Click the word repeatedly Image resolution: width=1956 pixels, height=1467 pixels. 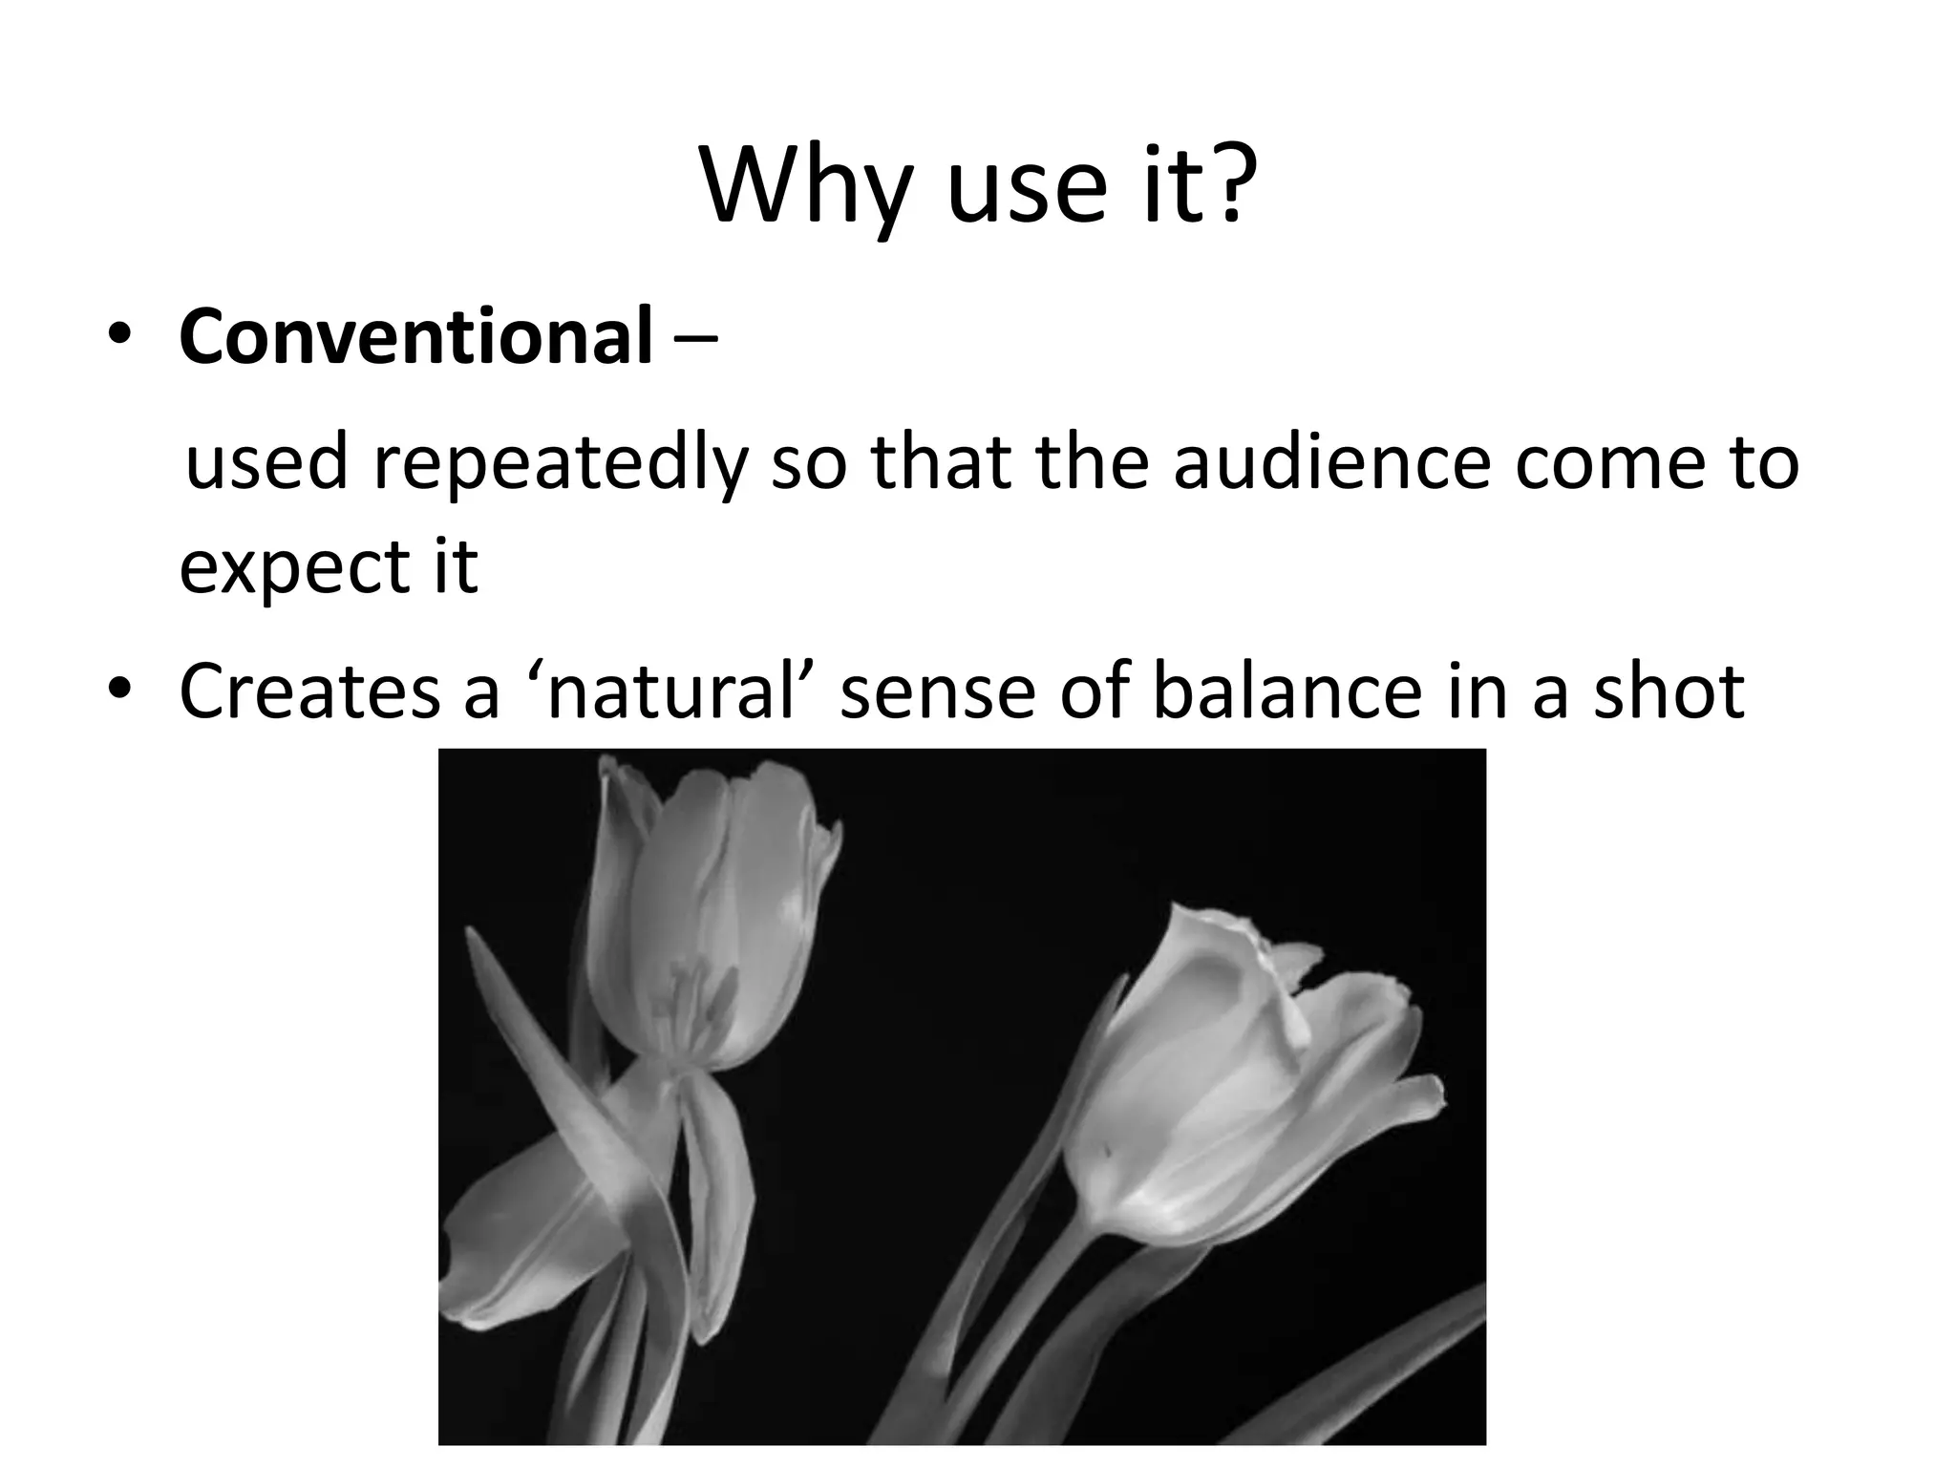(x=558, y=465)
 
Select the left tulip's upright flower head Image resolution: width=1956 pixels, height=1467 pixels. (x=707, y=917)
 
